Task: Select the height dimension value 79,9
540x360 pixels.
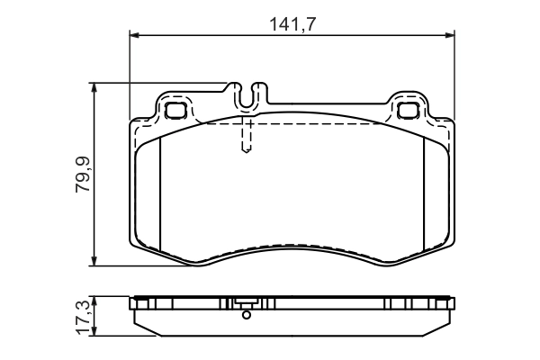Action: [x=83, y=174]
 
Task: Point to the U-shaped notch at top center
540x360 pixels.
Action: [x=248, y=92]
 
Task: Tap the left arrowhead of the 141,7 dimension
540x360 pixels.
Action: [x=136, y=35]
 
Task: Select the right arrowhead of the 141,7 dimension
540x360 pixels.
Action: [x=449, y=35]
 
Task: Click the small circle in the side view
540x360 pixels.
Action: [x=247, y=315]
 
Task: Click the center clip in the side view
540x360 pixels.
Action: [x=247, y=303]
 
